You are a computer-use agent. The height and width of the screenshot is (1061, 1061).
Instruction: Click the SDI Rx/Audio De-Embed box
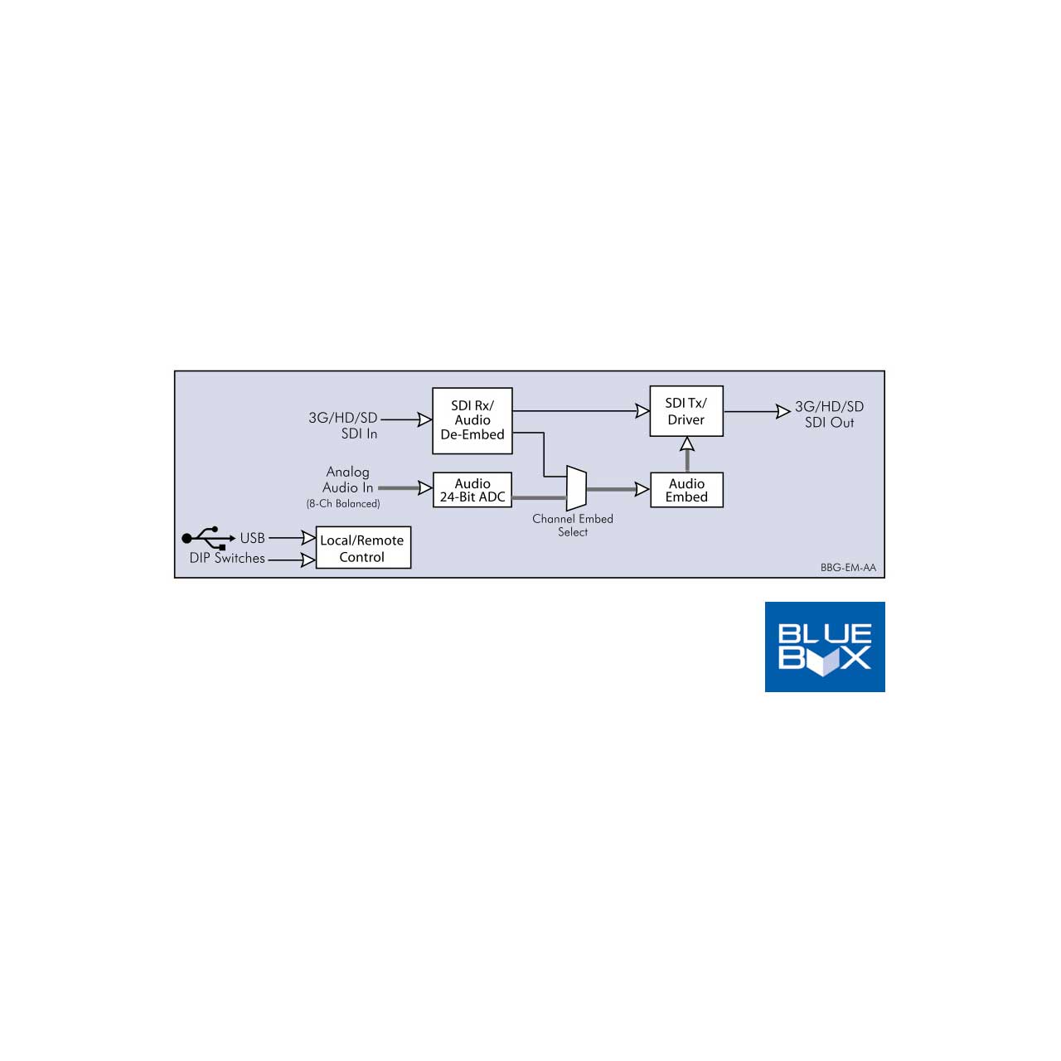[472, 420]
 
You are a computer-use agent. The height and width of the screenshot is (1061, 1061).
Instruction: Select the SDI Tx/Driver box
[686, 411]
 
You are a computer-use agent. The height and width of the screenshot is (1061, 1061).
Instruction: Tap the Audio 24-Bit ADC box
[472, 490]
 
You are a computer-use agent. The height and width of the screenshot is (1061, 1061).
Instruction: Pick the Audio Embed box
[686, 490]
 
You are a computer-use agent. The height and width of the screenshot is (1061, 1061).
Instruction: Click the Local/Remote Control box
[363, 547]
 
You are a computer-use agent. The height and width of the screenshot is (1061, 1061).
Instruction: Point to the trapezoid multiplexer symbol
[576, 488]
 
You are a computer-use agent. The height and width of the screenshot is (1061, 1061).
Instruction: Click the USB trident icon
[208, 538]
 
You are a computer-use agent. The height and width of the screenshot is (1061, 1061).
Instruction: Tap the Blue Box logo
[824, 647]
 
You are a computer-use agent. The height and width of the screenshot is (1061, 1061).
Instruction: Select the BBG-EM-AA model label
[848, 568]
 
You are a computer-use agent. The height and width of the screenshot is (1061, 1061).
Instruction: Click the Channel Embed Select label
[573, 526]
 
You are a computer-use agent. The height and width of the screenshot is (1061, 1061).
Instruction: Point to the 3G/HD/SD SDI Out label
[829, 414]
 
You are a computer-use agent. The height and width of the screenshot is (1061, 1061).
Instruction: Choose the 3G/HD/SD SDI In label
[342, 425]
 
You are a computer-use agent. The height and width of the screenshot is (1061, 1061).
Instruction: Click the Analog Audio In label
[347, 480]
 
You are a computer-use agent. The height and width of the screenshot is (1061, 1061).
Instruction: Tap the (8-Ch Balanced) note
[343, 503]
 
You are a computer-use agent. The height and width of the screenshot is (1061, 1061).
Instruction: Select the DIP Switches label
[227, 559]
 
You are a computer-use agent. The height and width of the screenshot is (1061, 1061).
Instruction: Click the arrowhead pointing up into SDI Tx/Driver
[686, 443]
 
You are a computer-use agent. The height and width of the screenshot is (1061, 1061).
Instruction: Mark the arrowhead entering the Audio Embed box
[642, 489]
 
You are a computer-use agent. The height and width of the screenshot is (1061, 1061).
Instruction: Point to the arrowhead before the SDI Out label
[783, 411]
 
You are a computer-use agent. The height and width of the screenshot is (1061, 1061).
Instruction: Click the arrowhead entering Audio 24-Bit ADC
[425, 488]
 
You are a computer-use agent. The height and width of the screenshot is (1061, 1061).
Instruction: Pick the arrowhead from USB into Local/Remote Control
[308, 538]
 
